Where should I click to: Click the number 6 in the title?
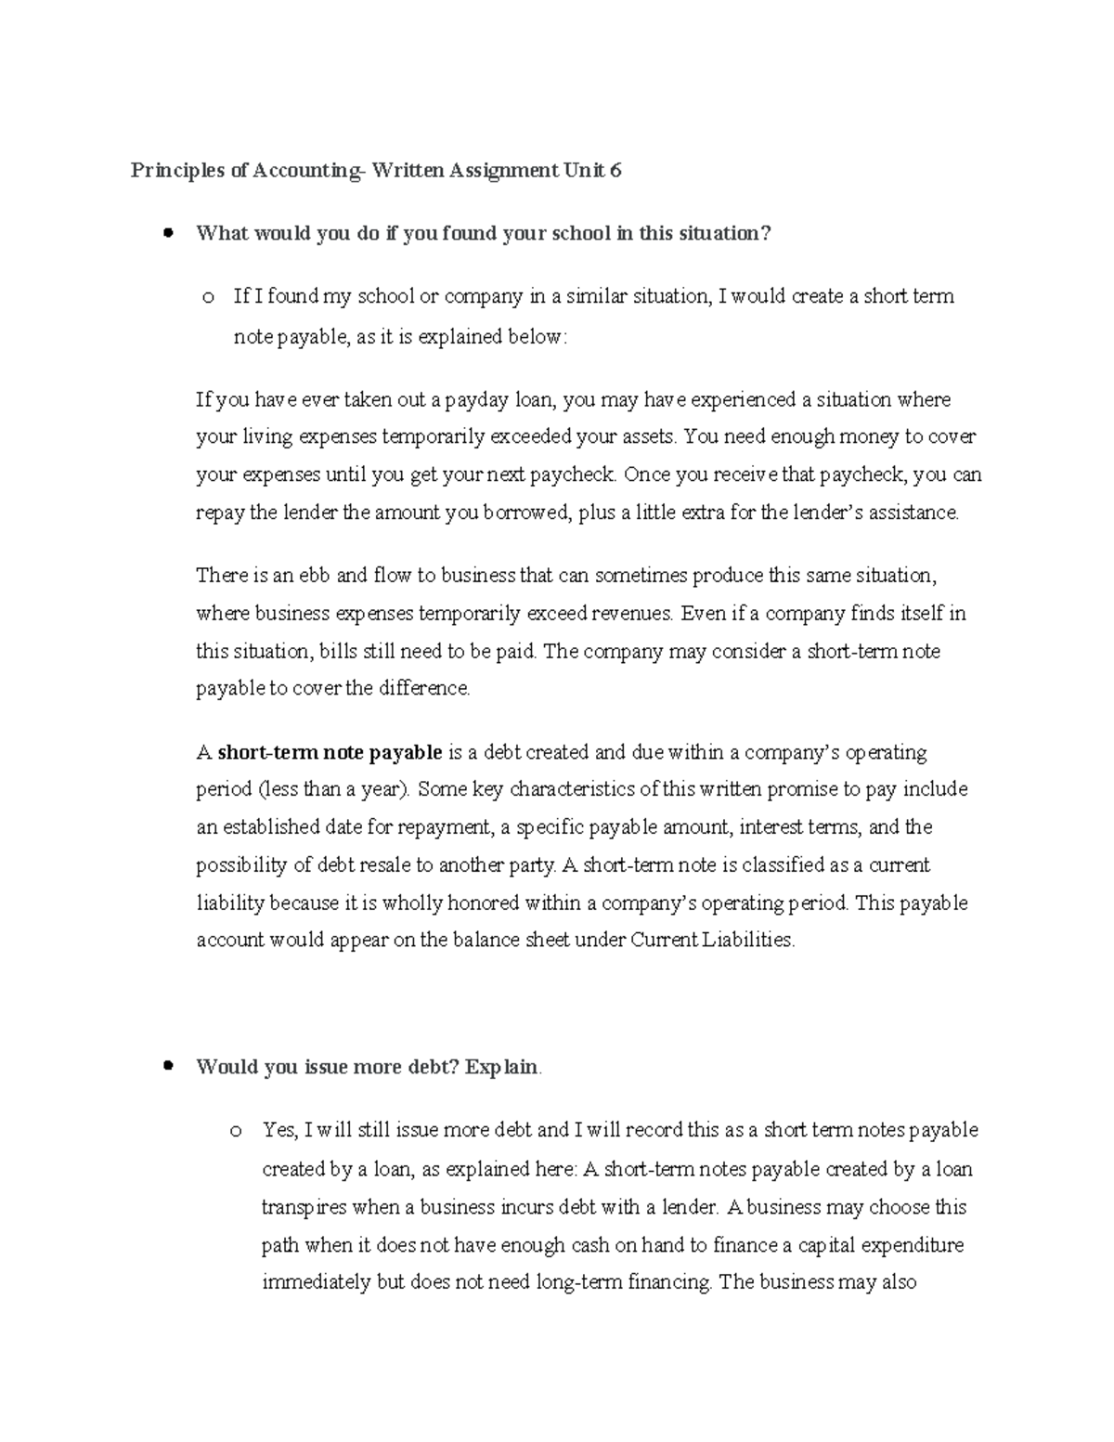(615, 171)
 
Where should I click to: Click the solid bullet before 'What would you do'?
(168, 233)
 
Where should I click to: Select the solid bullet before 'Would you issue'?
(168, 1067)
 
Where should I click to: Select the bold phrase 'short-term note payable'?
(330, 752)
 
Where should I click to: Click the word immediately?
(317, 1282)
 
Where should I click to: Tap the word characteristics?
(573, 789)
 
